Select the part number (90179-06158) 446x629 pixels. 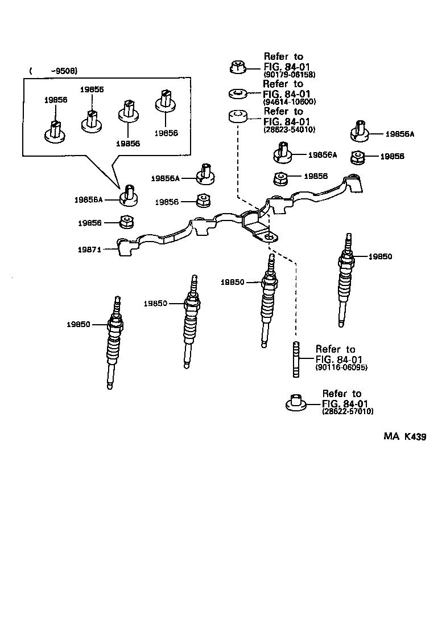[289, 75]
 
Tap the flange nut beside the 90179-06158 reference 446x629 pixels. [238, 67]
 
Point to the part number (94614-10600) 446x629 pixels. [289, 102]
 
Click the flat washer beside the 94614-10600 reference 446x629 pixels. [237, 92]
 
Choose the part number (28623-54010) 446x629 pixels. [289, 130]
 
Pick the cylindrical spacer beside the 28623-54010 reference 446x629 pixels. [237, 117]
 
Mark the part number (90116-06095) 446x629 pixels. [341, 368]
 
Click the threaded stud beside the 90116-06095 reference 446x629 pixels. [296, 358]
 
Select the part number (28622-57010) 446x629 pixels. [348, 411]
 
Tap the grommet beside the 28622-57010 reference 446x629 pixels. [296, 402]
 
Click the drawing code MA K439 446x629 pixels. [404, 437]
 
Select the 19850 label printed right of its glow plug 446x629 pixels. [380, 256]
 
